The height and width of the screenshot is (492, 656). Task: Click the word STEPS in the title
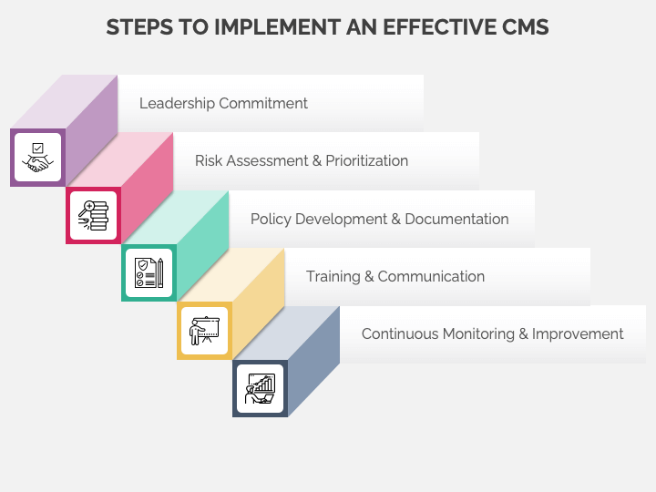(x=139, y=27)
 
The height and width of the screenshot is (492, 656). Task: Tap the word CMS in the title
(x=525, y=27)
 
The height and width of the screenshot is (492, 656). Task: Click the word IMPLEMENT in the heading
(x=277, y=27)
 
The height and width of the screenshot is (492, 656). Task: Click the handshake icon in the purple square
(x=37, y=158)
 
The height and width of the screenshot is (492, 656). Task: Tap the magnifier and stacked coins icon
(x=93, y=215)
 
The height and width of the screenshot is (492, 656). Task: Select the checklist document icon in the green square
(x=149, y=272)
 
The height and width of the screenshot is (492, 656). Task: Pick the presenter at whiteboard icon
(x=205, y=331)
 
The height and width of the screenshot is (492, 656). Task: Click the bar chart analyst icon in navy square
(x=261, y=388)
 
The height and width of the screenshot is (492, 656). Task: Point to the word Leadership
(x=177, y=104)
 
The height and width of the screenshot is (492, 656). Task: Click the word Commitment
(x=263, y=103)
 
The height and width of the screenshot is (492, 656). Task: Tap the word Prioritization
(x=367, y=160)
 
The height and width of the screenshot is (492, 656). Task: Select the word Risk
(x=209, y=160)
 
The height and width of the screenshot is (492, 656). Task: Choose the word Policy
(x=271, y=220)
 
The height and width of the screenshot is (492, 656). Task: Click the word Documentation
(x=456, y=219)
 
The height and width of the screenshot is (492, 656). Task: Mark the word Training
(x=333, y=277)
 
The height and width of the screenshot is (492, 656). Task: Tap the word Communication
(x=431, y=277)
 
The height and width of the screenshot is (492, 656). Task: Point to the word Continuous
(x=400, y=333)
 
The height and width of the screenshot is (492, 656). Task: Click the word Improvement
(x=578, y=334)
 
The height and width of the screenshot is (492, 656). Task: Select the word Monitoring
(x=478, y=334)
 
